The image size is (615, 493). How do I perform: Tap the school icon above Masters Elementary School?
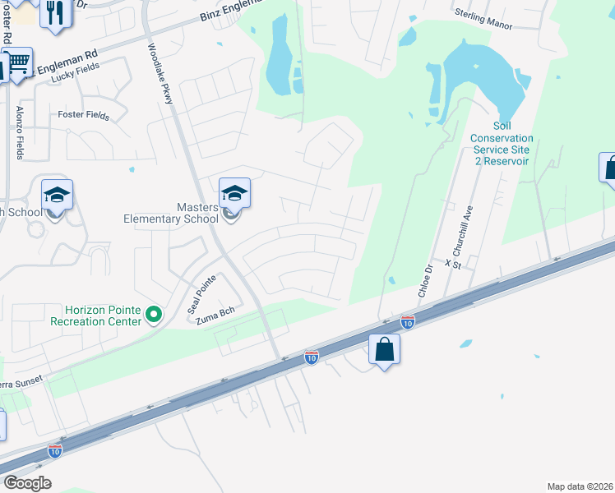point(234,194)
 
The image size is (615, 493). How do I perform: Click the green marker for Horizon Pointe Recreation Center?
point(153,315)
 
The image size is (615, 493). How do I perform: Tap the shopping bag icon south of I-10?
point(384,349)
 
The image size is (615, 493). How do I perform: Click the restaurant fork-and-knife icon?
point(55,12)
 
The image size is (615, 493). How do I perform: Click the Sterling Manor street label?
point(484,20)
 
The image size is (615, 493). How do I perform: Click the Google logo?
point(27,483)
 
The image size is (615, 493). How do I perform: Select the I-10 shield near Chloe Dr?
point(407,321)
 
